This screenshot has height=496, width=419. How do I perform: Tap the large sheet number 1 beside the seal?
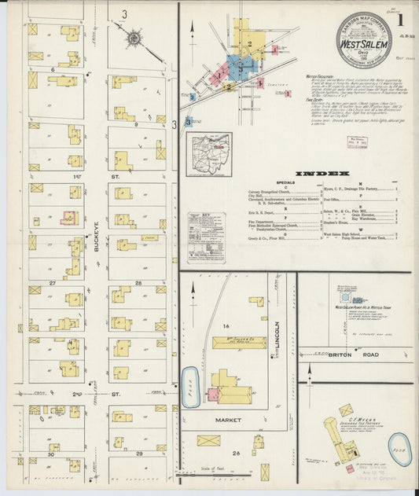(401, 19)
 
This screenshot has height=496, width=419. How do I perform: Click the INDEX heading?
(323, 173)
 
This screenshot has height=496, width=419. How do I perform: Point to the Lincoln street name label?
(277, 338)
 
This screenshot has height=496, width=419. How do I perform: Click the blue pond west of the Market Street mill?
(191, 387)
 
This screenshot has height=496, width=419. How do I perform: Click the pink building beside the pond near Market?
(212, 395)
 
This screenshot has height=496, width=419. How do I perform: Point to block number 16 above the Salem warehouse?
(224, 325)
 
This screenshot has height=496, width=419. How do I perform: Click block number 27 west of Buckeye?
(52, 281)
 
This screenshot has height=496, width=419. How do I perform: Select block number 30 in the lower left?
(52, 454)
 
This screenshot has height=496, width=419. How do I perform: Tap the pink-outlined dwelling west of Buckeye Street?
(69, 217)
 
